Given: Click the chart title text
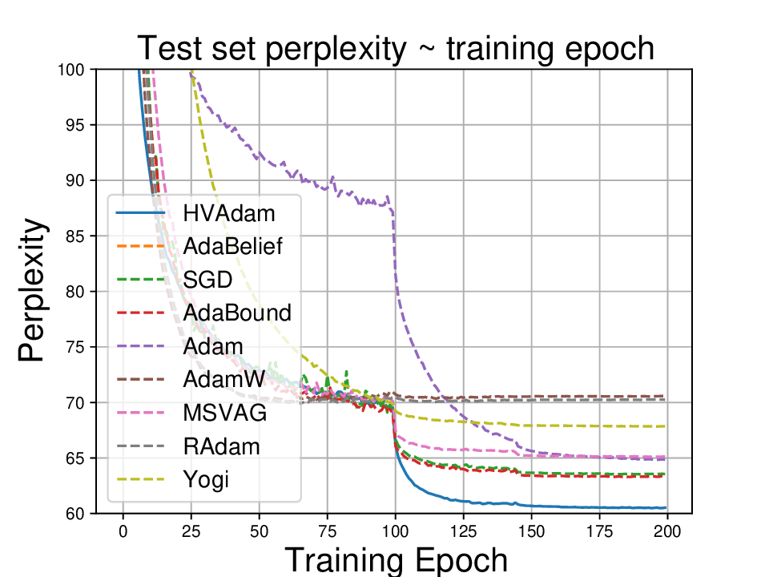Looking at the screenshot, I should (x=396, y=49).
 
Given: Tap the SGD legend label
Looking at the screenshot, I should (x=207, y=279).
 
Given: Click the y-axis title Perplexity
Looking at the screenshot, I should (x=32, y=292).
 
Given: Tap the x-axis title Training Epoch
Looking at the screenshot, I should (x=396, y=559).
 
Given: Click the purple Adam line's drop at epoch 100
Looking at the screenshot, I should (x=394, y=240).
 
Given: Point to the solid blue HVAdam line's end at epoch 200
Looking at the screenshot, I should (x=665, y=507).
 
